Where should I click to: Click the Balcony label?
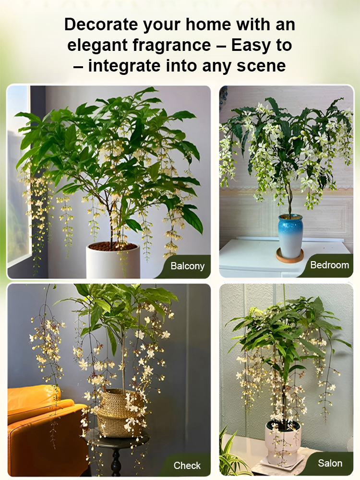187,266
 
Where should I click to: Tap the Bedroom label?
329,265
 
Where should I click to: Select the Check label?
187,465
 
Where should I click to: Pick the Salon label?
330,463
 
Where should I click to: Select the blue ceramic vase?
290,235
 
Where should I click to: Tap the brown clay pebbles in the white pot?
113,247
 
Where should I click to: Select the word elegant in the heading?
96,45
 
